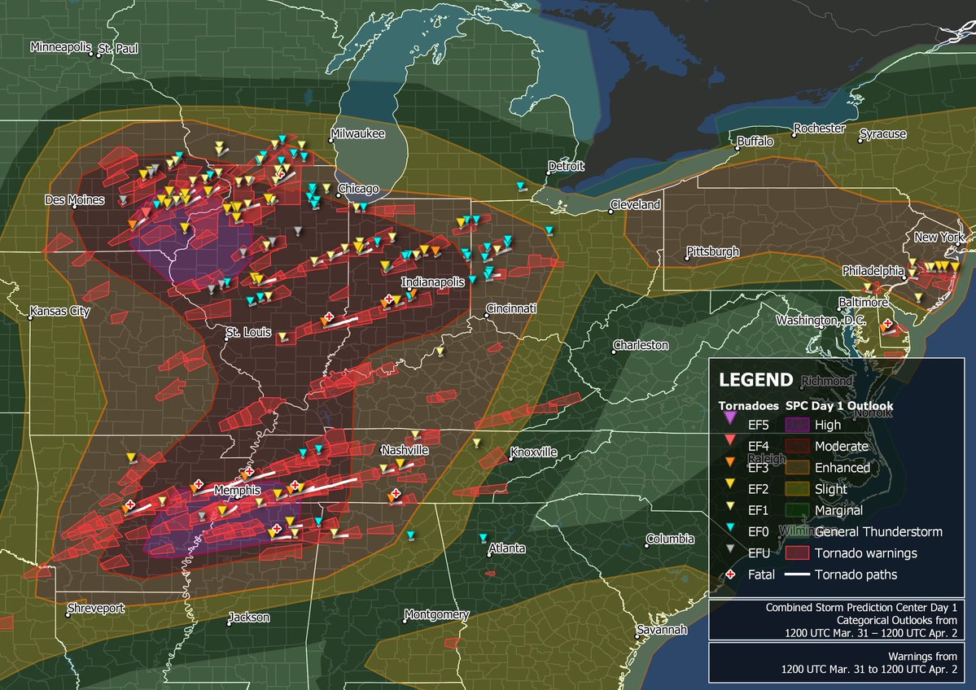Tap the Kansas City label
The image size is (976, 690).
pos(61,312)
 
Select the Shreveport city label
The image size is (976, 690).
pos(97,609)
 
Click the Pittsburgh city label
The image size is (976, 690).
pos(713,251)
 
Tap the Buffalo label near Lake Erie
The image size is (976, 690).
pos(755,142)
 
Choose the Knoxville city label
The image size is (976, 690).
pos(534,452)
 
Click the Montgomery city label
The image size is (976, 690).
pos(437,614)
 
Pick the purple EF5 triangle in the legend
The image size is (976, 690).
pos(730,424)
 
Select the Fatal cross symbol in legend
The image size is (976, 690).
pos(730,574)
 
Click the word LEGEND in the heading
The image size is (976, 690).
pos(755,379)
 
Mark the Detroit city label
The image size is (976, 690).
pos(567,166)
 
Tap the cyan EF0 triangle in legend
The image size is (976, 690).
pos(730,531)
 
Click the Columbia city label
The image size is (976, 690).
pos(670,539)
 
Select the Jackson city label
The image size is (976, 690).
pos(249,618)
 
